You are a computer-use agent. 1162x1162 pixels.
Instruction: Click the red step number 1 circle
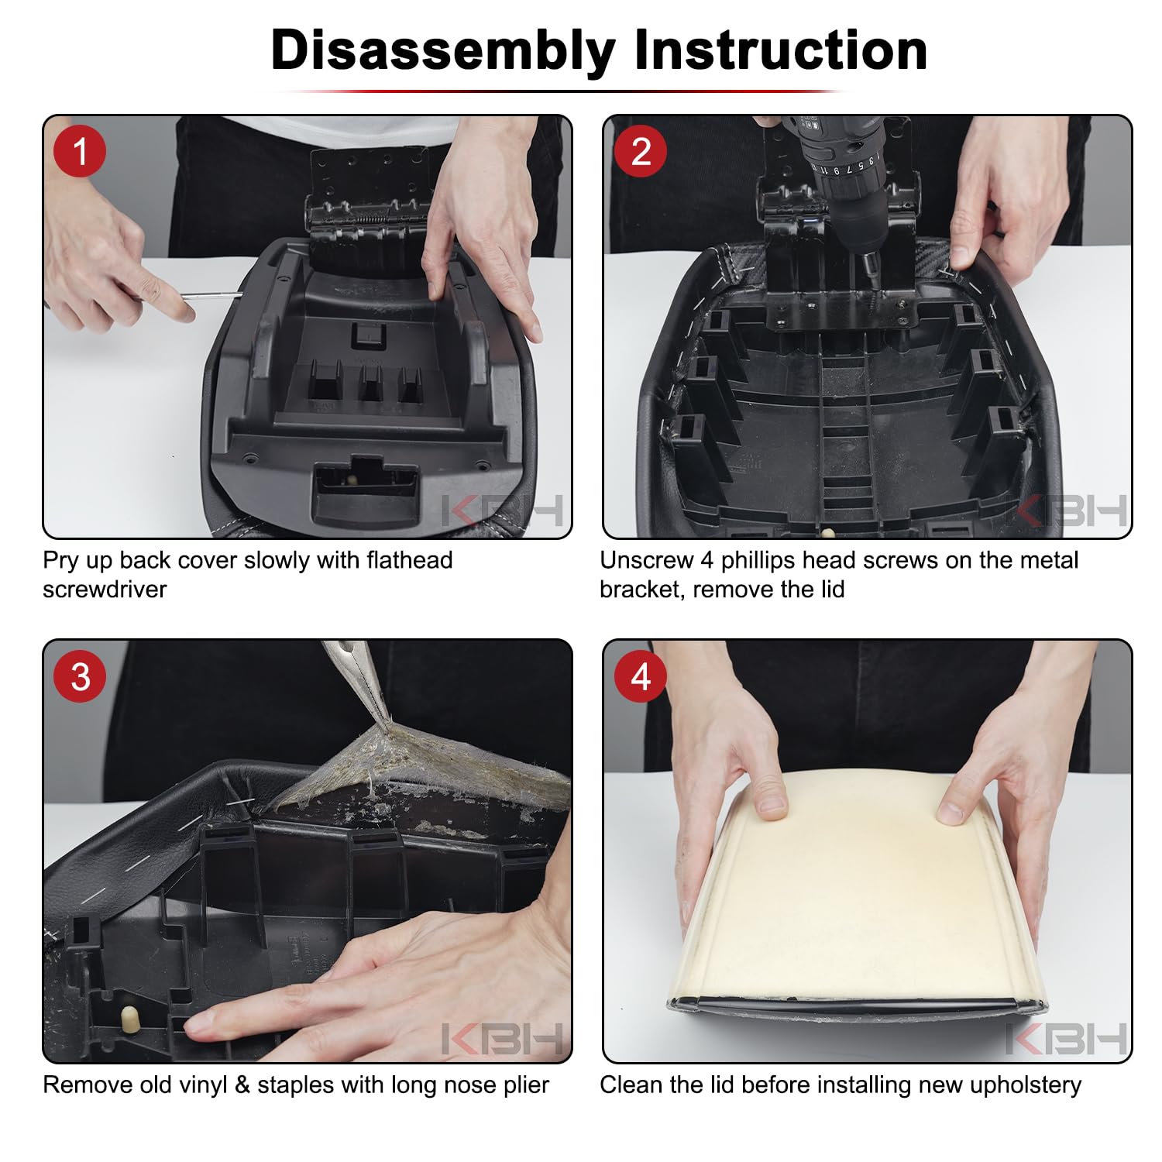(80, 151)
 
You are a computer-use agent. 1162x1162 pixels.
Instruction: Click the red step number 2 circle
(641, 151)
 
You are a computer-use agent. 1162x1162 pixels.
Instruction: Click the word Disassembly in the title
(442, 51)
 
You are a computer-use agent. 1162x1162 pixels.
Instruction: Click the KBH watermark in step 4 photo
(1066, 1039)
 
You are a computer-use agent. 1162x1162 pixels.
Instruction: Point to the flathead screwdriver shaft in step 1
(211, 294)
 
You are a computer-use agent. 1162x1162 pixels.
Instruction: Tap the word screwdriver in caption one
(105, 590)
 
